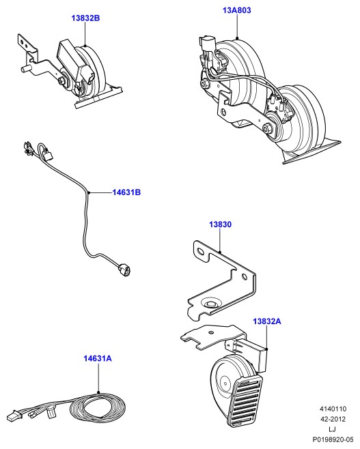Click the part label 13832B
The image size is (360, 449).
click(x=85, y=18)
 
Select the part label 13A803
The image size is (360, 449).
click(x=237, y=10)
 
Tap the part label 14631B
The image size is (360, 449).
click(x=126, y=192)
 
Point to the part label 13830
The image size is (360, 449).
click(x=220, y=224)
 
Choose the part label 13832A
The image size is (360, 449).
click(x=267, y=321)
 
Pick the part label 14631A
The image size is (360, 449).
click(x=98, y=358)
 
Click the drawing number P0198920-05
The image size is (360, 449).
click(x=333, y=439)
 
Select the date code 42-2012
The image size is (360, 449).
click(x=333, y=419)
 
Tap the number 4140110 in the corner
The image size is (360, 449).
click(x=333, y=409)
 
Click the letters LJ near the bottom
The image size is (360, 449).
click(x=333, y=429)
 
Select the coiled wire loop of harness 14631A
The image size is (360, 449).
click(x=98, y=407)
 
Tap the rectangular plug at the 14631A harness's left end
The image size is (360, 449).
click(x=14, y=416)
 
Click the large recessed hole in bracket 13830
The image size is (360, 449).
click(x=212, y=304)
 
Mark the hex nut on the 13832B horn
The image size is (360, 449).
click(x=62, y=81)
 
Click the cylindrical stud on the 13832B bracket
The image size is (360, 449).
click(x=26, y=70)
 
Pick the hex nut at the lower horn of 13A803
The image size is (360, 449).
click(x=268, y=128)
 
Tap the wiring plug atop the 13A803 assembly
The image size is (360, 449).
click(x=207, y=43)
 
